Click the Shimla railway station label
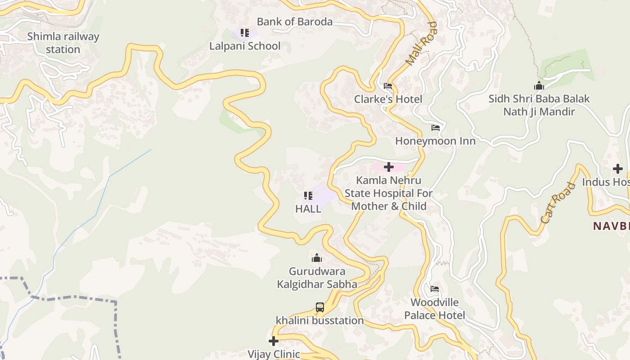point(63,43)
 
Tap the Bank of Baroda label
point(295,22)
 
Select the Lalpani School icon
point(245,33)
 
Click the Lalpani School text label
point(245,46)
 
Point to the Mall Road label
point(421,44)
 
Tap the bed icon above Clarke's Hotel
point(388,86)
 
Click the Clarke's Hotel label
point(388,99)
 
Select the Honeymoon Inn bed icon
point(435,128)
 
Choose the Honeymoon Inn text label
point(435,141)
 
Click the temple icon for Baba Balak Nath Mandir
point(539,85)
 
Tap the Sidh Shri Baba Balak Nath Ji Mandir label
point(539,105)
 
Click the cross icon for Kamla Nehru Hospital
point(389,167)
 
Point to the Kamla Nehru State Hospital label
point(389,193)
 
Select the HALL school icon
point(308,196)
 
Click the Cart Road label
point(558,203)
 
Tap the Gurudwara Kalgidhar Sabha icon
point(317,258)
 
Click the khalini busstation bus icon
point(319,307)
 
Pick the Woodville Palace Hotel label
point(435,309)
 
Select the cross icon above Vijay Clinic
point(274,341)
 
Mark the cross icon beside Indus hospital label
point(618,169)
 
